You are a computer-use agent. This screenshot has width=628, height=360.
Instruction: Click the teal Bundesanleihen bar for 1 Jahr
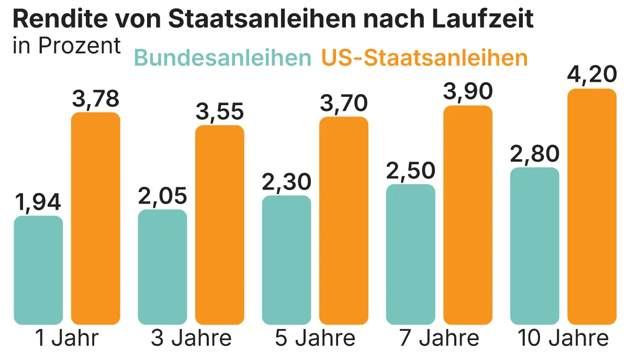[38, 270]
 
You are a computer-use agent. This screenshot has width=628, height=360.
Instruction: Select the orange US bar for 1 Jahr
[96, 218]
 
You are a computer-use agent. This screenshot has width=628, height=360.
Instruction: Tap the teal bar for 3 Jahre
[162, 267]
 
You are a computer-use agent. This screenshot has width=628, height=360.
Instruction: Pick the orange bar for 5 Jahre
[344, 220]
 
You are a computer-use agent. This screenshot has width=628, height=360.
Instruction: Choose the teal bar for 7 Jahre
[410, 254]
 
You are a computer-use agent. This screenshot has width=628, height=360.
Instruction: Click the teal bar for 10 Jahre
[534, 246]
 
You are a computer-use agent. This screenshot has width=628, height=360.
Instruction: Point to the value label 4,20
[592, 75]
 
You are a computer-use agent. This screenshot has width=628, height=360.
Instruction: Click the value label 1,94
[38, 203]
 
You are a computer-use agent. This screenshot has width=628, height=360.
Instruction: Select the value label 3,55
[220, 112]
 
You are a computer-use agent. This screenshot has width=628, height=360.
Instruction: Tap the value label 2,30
[286, 182]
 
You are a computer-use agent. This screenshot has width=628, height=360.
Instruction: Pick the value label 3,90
[468, 92]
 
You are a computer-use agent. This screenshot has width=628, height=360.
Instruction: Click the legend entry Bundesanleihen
[222, 58]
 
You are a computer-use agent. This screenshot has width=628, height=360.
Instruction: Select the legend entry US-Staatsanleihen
[424, 58]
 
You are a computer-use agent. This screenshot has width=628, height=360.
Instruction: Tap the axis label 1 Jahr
[66, 339]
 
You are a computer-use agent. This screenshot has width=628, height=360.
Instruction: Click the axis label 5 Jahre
[315, 339]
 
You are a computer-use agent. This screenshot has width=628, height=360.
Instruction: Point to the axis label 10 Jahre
[563, 339]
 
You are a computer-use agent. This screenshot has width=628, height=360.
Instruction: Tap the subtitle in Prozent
[66, 46]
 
